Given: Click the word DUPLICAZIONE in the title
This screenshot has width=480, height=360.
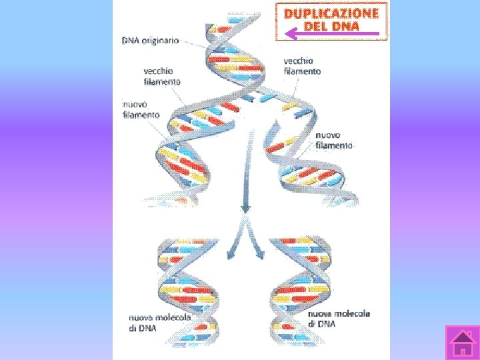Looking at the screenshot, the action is tap(331, 13).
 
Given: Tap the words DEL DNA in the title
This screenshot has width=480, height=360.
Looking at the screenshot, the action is tap(331, 27).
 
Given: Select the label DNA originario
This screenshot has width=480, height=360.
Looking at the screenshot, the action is tap(150, 40).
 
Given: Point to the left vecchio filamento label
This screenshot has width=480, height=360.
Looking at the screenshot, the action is tap(162, 76).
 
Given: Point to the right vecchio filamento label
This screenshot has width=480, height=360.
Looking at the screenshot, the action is tap(302, 65).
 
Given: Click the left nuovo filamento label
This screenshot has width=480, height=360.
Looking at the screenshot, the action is tap(141, 109).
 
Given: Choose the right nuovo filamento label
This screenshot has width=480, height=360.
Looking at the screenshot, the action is tap(334, 140).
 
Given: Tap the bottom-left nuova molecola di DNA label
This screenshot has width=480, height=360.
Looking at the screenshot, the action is tap(159, 322).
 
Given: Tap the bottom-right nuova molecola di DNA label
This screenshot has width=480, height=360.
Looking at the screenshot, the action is tap(339, 318).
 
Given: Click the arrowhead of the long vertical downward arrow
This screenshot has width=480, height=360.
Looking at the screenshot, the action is tap(245, 209).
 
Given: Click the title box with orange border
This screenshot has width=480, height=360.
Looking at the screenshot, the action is tap(331, 21).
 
